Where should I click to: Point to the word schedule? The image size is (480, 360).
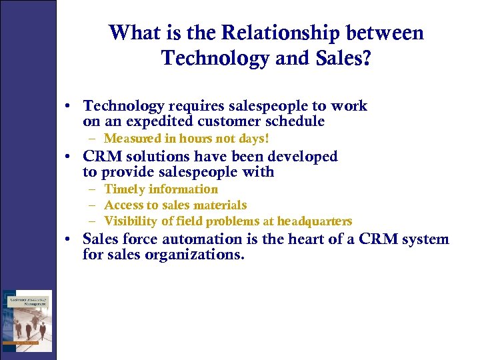coord(294,121)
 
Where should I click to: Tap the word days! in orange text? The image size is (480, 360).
coord(254,139)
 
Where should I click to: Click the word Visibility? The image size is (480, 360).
coord(133,221)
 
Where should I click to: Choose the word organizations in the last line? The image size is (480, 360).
coord(194,254)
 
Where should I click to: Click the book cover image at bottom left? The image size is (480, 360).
coord(27,321)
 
